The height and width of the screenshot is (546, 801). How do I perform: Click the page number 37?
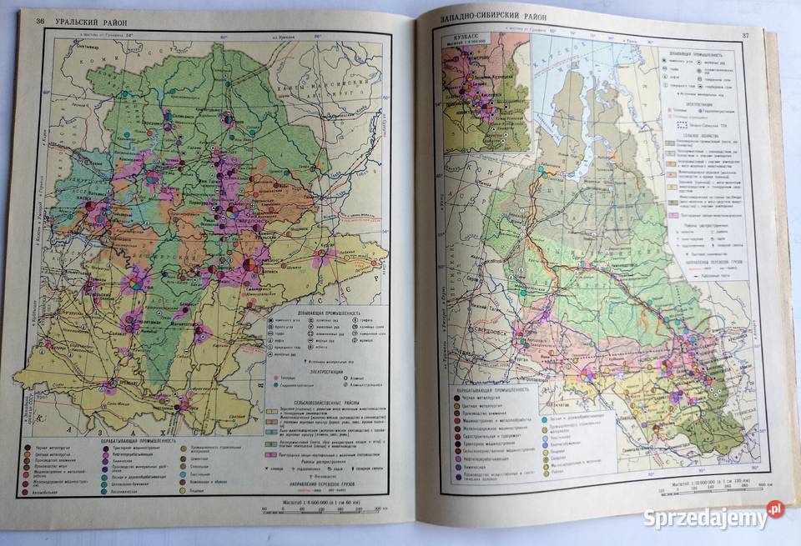pyautogui.click(x=745, y=34)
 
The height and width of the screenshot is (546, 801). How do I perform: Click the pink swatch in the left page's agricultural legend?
pyautogui.click(x=272, y=456)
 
